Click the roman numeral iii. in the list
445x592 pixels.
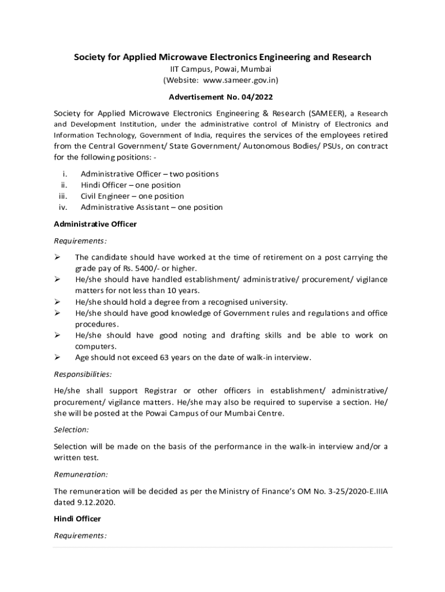click(x=63, y=196)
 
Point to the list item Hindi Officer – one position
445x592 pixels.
click(x=131, y=185)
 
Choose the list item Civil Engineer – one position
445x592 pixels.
click(x=132, y=196)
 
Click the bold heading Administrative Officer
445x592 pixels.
click(x=95, y=224)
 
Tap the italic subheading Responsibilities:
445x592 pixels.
click(x=83, y=374)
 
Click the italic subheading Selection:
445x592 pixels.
click(x=71, y=430)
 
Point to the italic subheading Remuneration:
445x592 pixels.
click(x=80, y=474)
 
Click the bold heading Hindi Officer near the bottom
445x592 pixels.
click(x=77, y=519)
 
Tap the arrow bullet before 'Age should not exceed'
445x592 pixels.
click(x=57, y=357)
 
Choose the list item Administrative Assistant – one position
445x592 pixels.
click(x=151, y=207)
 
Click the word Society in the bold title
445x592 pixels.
click(x=90, y=57)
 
